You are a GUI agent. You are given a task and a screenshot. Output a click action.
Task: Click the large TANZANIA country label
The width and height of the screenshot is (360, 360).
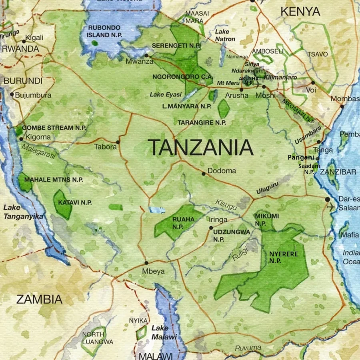pos(200,148)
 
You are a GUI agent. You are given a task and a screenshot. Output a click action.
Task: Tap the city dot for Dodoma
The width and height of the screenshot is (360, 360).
pos(204,174)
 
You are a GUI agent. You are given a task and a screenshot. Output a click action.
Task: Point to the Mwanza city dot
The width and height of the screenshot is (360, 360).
pos(147,56)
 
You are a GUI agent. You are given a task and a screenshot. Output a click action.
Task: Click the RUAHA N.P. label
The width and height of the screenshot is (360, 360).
pos(183,223)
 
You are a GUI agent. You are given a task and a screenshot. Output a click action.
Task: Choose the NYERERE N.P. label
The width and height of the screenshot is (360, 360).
pos(283,257)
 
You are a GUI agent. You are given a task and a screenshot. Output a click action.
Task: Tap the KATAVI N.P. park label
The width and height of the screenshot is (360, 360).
pos(75,203)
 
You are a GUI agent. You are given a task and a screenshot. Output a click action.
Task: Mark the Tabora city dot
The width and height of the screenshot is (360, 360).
pos(118,142)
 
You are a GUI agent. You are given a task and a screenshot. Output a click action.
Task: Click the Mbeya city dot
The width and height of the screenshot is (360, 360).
pos(146,263)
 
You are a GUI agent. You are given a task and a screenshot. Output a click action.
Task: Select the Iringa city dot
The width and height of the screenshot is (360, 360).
pos(211,228)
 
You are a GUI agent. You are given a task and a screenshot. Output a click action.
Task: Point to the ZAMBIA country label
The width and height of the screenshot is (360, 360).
pos(39,299)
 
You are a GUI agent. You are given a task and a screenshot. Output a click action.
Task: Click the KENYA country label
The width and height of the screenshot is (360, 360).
pos(300,12)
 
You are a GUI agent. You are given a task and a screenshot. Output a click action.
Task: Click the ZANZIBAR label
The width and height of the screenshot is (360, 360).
pos(341,172)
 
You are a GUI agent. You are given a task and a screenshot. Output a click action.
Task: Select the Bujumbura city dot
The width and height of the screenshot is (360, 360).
pos(12,95)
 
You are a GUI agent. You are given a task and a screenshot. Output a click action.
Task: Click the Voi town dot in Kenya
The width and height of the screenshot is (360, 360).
pos(313,83)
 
